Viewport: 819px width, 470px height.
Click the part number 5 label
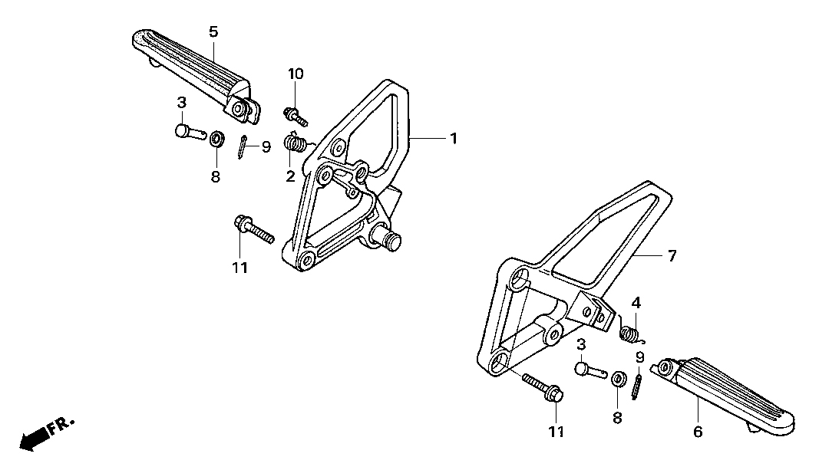point(213,32)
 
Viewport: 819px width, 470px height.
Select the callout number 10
point(295,74)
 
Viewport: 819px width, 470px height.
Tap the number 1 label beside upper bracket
point(454,138)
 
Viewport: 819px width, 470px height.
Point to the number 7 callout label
point(672,255)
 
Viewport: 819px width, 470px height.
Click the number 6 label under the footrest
point(698,432)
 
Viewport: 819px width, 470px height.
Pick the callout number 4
point(636,303)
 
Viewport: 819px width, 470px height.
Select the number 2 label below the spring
point(290,176)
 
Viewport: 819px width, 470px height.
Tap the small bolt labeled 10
point(296,116)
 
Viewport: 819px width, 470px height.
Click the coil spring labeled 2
point(294,143)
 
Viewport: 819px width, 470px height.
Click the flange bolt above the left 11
point(254,229)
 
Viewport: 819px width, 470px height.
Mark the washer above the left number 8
point(216,140)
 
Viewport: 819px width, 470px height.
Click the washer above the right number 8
point(618,379)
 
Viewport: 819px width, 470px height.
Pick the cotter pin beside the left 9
point(241,147)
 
